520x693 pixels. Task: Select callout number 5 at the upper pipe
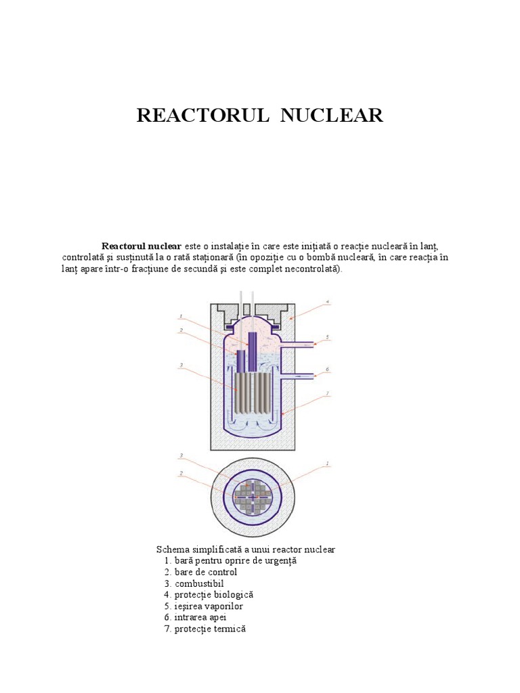327,336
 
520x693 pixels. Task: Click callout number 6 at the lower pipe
327,369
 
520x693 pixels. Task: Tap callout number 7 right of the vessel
327,394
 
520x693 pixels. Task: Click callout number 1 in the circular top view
327,464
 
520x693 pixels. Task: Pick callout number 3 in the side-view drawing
181,366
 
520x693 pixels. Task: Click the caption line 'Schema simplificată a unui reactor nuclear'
245,549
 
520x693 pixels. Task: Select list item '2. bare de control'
200,572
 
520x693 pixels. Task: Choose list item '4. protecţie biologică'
209,594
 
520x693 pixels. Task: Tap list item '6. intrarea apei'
195,617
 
